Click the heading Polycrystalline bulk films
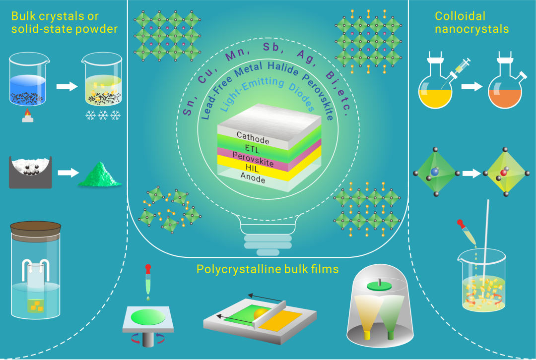[x=268, y=269]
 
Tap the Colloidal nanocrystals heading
[x=471, y=22]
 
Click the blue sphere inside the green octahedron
[x=435, y=171]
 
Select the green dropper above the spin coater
[x=148, y=283]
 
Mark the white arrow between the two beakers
[x=67, y=86]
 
